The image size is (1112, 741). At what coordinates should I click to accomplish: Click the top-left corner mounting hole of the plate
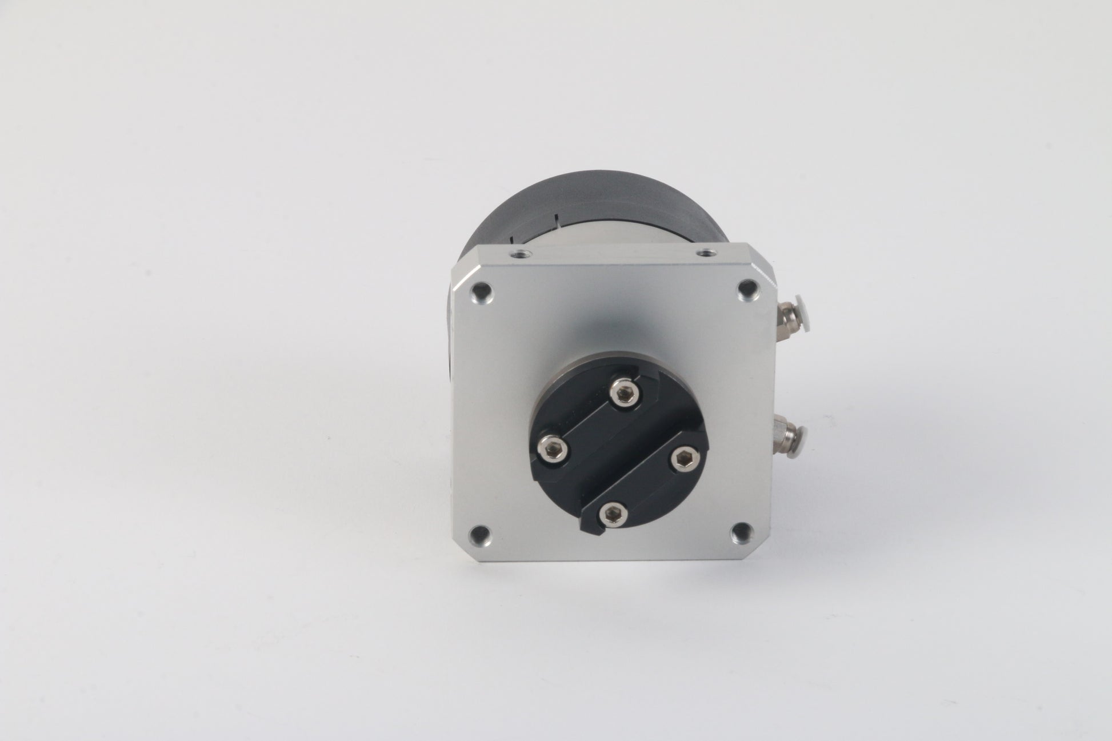(482, 293)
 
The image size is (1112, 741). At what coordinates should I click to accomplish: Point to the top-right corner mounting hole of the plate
(746, 290)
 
